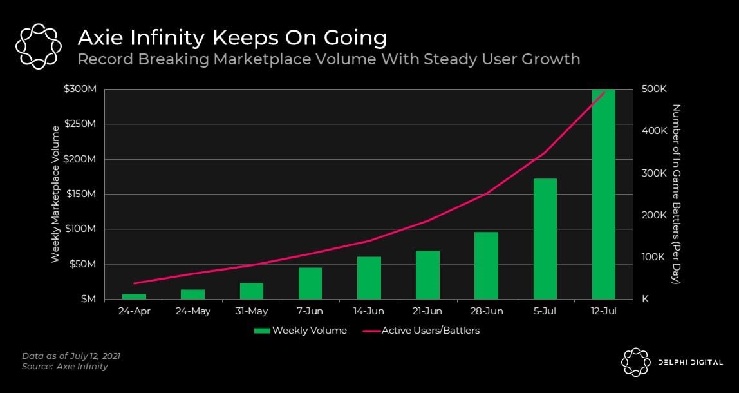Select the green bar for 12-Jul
(x=603, y=193)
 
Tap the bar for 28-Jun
(x=486, y=265)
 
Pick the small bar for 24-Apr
(x=135, y=296)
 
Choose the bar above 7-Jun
(x=310, y=283)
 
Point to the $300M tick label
(x=81, y=89)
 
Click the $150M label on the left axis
(x=81, y=194)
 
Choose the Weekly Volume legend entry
(x=301, y=331)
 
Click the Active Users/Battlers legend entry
(x=422, y=331)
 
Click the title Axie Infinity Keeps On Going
(x=232, y=37)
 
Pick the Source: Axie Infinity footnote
(x=65, y=367)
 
